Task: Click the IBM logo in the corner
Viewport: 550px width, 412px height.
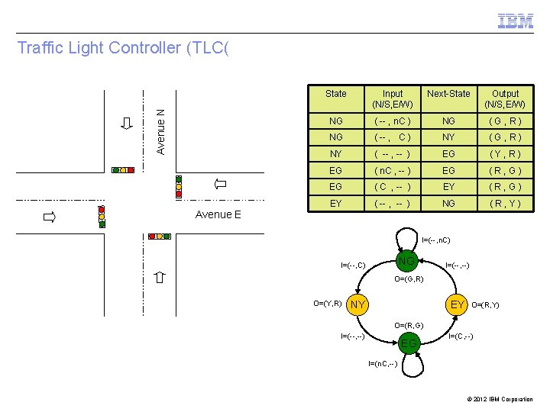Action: (516, 21)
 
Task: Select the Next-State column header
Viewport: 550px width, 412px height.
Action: (448, 94)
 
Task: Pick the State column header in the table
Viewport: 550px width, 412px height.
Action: (335, 94)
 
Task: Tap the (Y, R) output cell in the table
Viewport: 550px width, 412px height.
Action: (505, 153)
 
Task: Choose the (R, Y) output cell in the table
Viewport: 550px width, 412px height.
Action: (505, 204)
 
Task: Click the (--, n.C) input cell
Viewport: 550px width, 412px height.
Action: (393, 121)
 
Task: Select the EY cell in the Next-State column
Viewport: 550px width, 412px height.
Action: (448, 187)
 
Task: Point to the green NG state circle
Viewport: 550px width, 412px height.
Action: (407, 262)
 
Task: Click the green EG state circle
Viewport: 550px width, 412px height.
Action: (409, 344)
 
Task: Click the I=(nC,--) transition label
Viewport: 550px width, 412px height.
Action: (382, 364)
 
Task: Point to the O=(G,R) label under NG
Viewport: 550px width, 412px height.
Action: (409, 279)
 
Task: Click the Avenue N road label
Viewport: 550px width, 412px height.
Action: (160, 131)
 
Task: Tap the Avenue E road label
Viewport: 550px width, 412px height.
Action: (218, 214)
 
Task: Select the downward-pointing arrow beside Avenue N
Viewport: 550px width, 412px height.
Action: (127, 125)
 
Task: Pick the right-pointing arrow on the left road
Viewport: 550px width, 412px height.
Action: (50, 218)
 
